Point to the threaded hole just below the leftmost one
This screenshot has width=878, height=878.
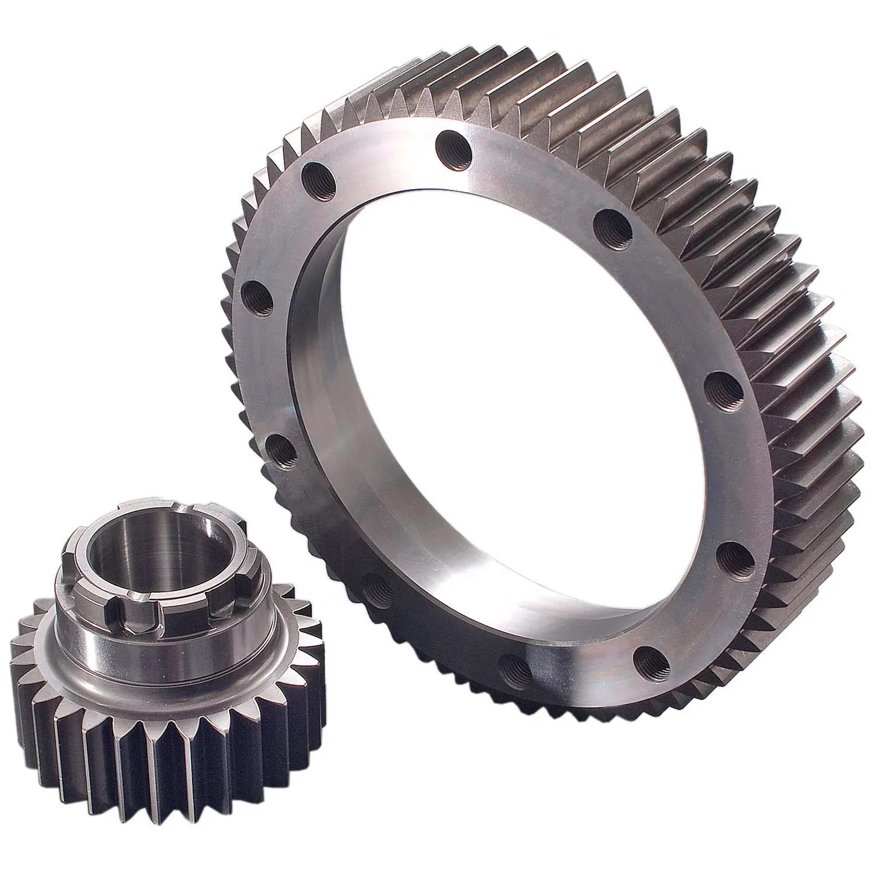point(284,451)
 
